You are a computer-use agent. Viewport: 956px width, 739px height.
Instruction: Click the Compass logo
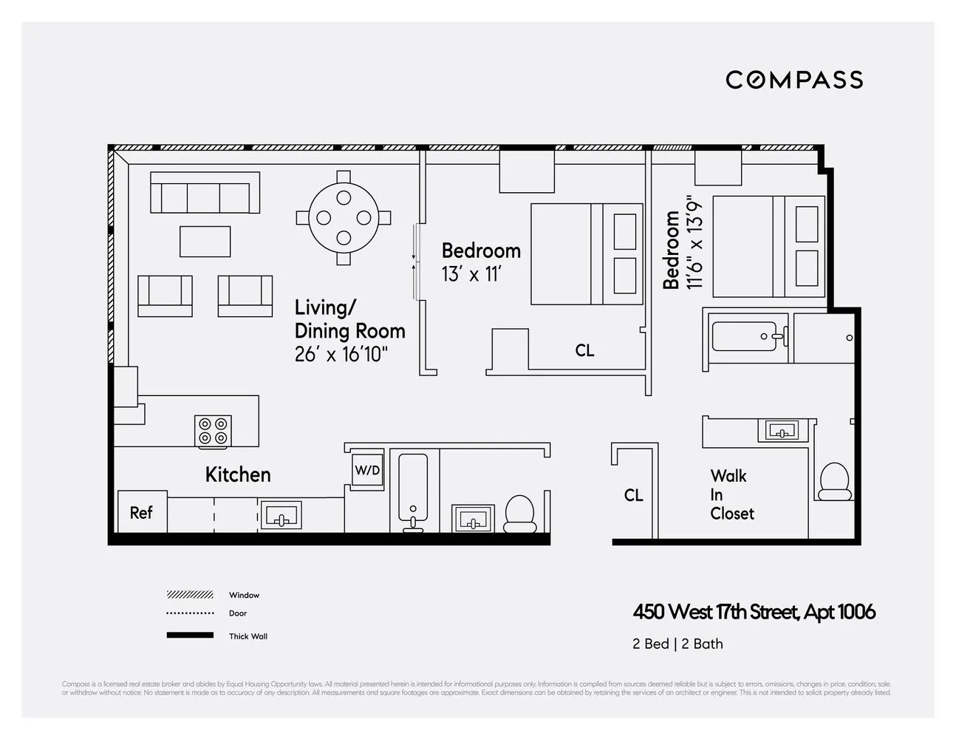794,80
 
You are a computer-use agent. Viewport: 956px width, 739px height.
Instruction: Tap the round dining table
344,218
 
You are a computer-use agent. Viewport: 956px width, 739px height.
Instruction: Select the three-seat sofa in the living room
205,193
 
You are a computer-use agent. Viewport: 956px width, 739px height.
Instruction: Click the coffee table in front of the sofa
205,242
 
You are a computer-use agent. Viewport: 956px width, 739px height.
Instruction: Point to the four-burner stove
213,431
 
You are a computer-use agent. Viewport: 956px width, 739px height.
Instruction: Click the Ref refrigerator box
142,512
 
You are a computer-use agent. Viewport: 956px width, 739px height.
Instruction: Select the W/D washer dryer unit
367,470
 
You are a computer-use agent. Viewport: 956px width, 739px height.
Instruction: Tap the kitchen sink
280,514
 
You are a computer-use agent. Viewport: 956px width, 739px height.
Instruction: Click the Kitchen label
238,474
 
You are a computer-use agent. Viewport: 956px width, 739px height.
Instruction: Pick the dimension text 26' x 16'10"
341,355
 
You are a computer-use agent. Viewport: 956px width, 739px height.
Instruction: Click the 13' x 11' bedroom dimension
471,275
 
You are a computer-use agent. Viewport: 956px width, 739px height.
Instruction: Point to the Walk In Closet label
731,494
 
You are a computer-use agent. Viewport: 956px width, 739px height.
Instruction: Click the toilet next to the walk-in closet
836,481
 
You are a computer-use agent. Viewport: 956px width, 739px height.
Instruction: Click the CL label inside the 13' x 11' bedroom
584,350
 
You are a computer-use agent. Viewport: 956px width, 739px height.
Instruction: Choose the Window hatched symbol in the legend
190,595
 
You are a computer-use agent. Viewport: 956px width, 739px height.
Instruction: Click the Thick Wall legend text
248,636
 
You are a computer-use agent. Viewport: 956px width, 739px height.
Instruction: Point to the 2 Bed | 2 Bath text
677,644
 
